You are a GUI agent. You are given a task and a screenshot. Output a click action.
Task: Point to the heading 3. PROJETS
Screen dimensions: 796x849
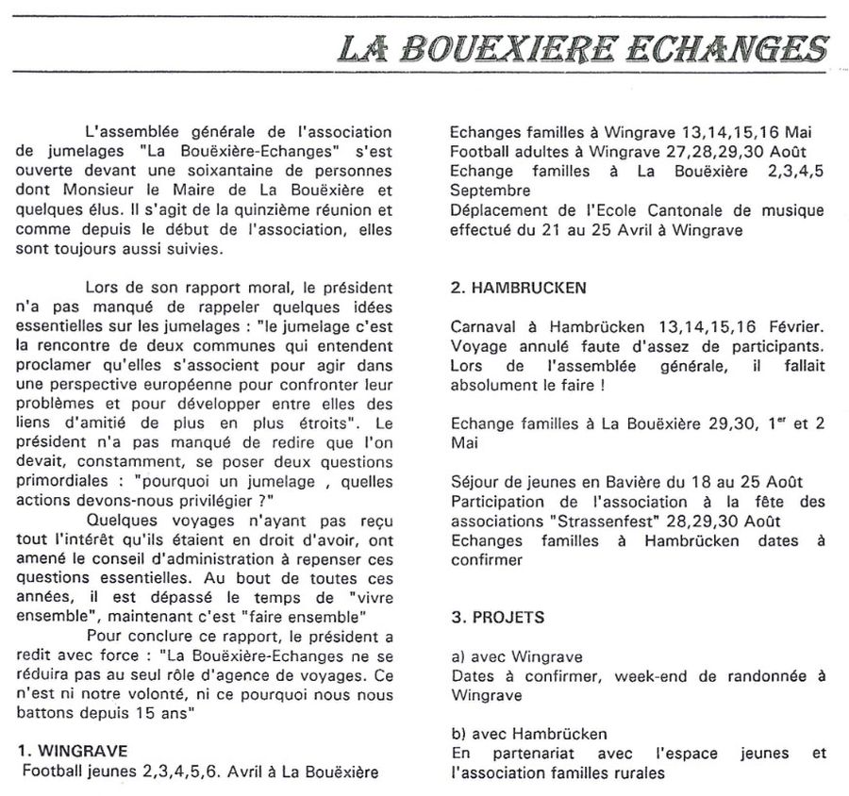pyautogui.click(x=500, y=619)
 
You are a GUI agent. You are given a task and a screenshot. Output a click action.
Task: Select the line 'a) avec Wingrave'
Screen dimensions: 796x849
pyautogui.click(x=517, y=656)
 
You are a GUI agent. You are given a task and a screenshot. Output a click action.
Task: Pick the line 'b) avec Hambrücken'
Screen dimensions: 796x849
pyautogui.click(x=529, y=734)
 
